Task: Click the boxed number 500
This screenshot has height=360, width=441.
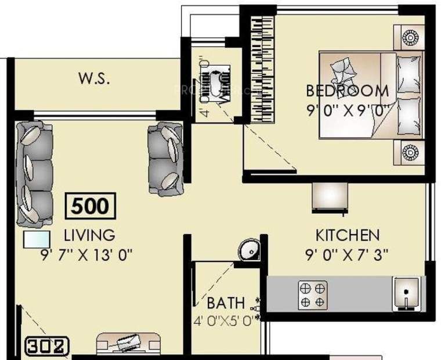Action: pos(91,206)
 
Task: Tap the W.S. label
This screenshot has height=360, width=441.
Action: pos(94,79)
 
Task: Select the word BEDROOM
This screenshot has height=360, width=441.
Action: pos(347,91)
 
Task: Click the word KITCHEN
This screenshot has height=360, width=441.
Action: pos(348,235)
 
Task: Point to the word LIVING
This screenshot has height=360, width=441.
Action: pos(89,235)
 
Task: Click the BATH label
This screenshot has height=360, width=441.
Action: pos(226,303)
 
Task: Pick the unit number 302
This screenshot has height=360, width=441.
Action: pos(48,347)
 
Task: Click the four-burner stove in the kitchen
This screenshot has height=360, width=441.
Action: pos(312,294)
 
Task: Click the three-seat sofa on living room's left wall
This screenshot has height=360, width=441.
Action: pos(34,174)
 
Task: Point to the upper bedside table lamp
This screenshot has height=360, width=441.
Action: pos(409,38)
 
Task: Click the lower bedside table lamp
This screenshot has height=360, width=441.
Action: pos(410,153)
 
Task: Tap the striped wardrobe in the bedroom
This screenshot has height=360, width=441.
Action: pos(262,70)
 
